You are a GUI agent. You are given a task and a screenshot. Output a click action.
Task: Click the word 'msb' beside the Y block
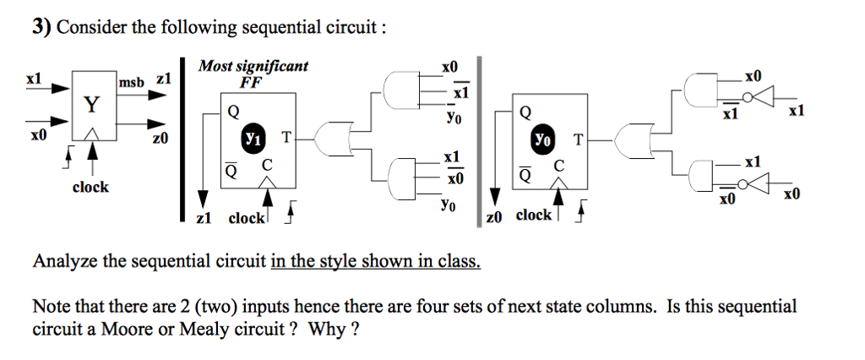(x=132, y=81)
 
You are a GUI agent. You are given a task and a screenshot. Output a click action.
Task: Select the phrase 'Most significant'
(x=253, y=66)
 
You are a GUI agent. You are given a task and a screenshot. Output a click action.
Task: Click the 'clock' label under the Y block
(x=90, y=187)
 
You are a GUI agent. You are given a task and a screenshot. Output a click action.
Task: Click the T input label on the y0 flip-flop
(x=579, y=139)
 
